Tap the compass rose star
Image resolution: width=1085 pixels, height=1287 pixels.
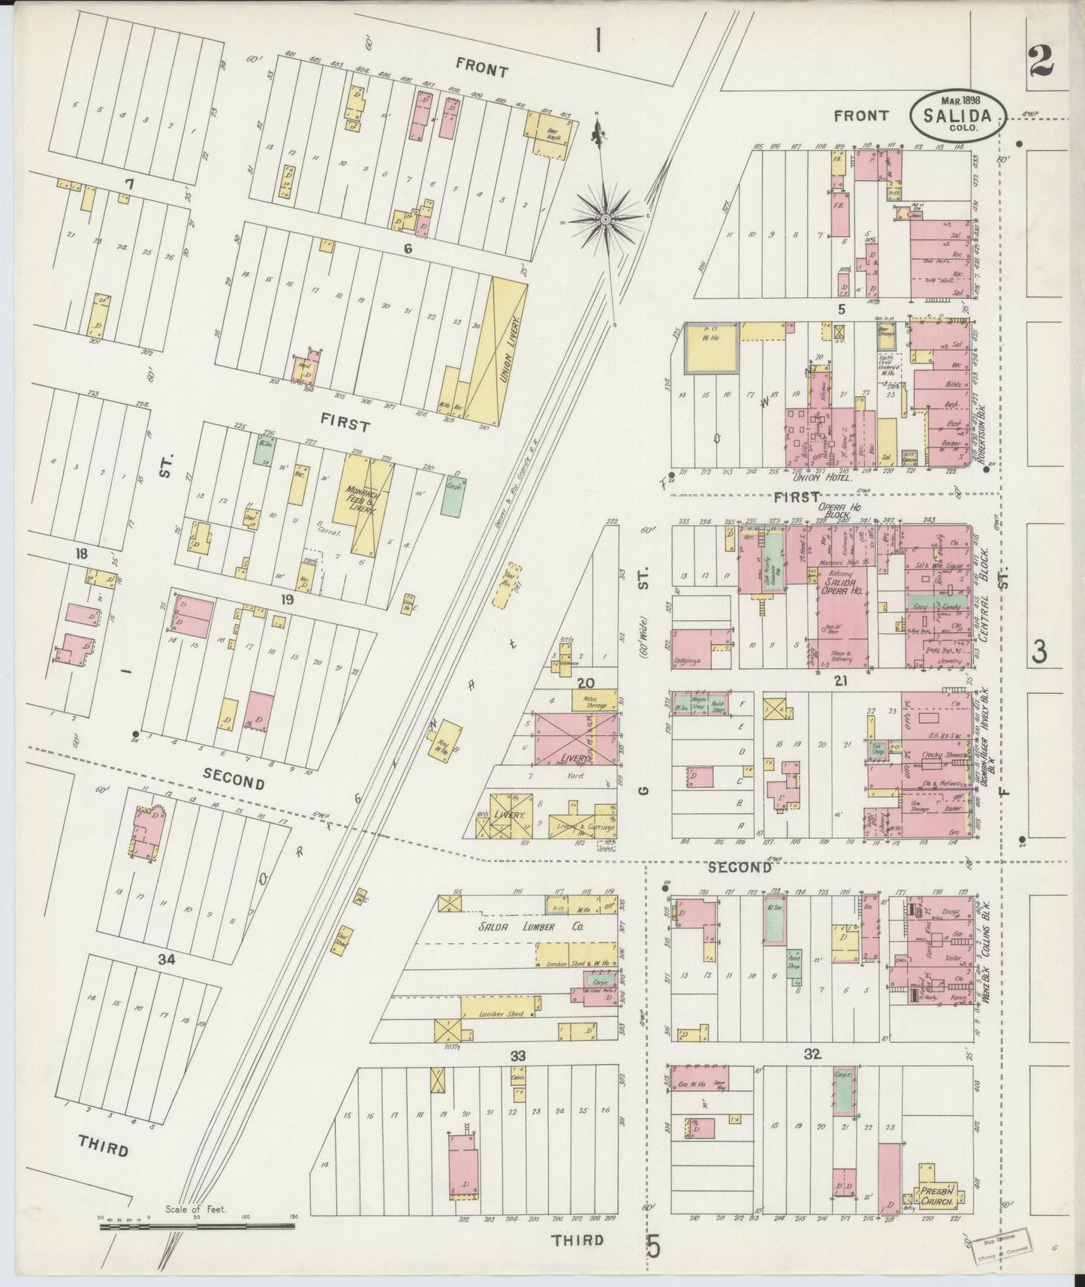click(x=605, y=219)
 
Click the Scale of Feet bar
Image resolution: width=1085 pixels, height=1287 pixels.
click(x=197, y=1226)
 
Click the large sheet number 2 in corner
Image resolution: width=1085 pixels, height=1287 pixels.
click(x=1041, y=59)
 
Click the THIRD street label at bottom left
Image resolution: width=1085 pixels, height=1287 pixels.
click(x=103, y=1150)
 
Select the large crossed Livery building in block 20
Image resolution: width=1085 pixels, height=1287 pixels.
click(x=575, y=737)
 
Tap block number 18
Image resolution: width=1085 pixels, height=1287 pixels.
click(x=81, y=554)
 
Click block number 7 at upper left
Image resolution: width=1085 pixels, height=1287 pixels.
click(x=129, y=184)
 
